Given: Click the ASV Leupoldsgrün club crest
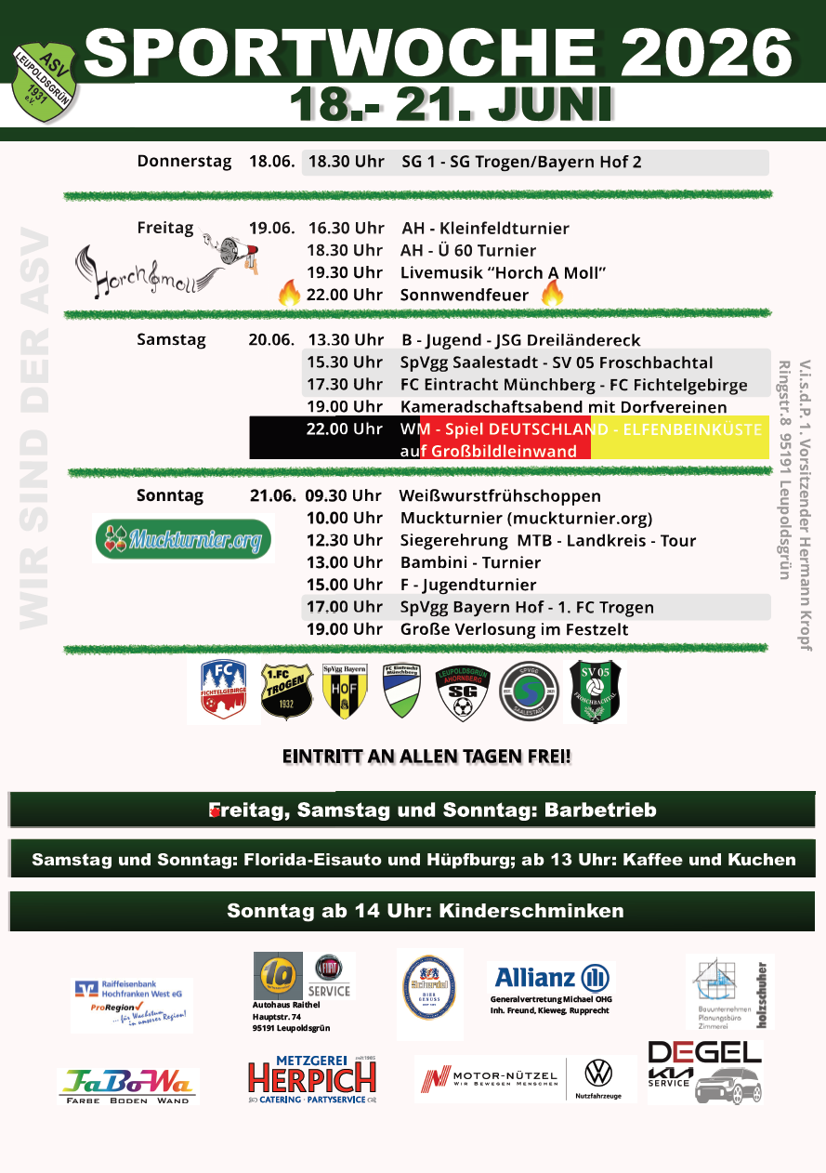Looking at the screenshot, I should pyautogui.click(x=45, y=80).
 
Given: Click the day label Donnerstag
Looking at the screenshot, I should pyautogui.click(x=184, y=162).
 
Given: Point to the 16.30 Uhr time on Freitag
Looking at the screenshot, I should pyautogui.click(x=346, y=229).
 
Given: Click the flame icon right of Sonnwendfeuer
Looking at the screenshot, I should pyautogui.click(x=553, y=295).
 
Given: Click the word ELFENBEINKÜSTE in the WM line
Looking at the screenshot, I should pyautogui.click(x=692, y=429).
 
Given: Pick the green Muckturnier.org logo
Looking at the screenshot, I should pyautogui.click(x=183, y=538).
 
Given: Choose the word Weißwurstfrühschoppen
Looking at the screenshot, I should pyautogui.click(x=500, y=496).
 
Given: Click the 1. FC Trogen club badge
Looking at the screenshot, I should pyautogui.click(x=286, y=691).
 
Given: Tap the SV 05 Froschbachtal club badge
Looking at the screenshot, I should pyautogui.click(x=595, y=691).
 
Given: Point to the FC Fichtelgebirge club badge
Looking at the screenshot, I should pyautogui.click(x=223, y=691).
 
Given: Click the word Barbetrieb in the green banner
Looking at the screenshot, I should pyautogui.click(x=600, y=811).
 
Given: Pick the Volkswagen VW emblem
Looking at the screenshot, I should pyautogui.click(x=598, y=1074).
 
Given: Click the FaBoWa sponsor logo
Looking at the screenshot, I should pyautogui.click(x=127, y=1085).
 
